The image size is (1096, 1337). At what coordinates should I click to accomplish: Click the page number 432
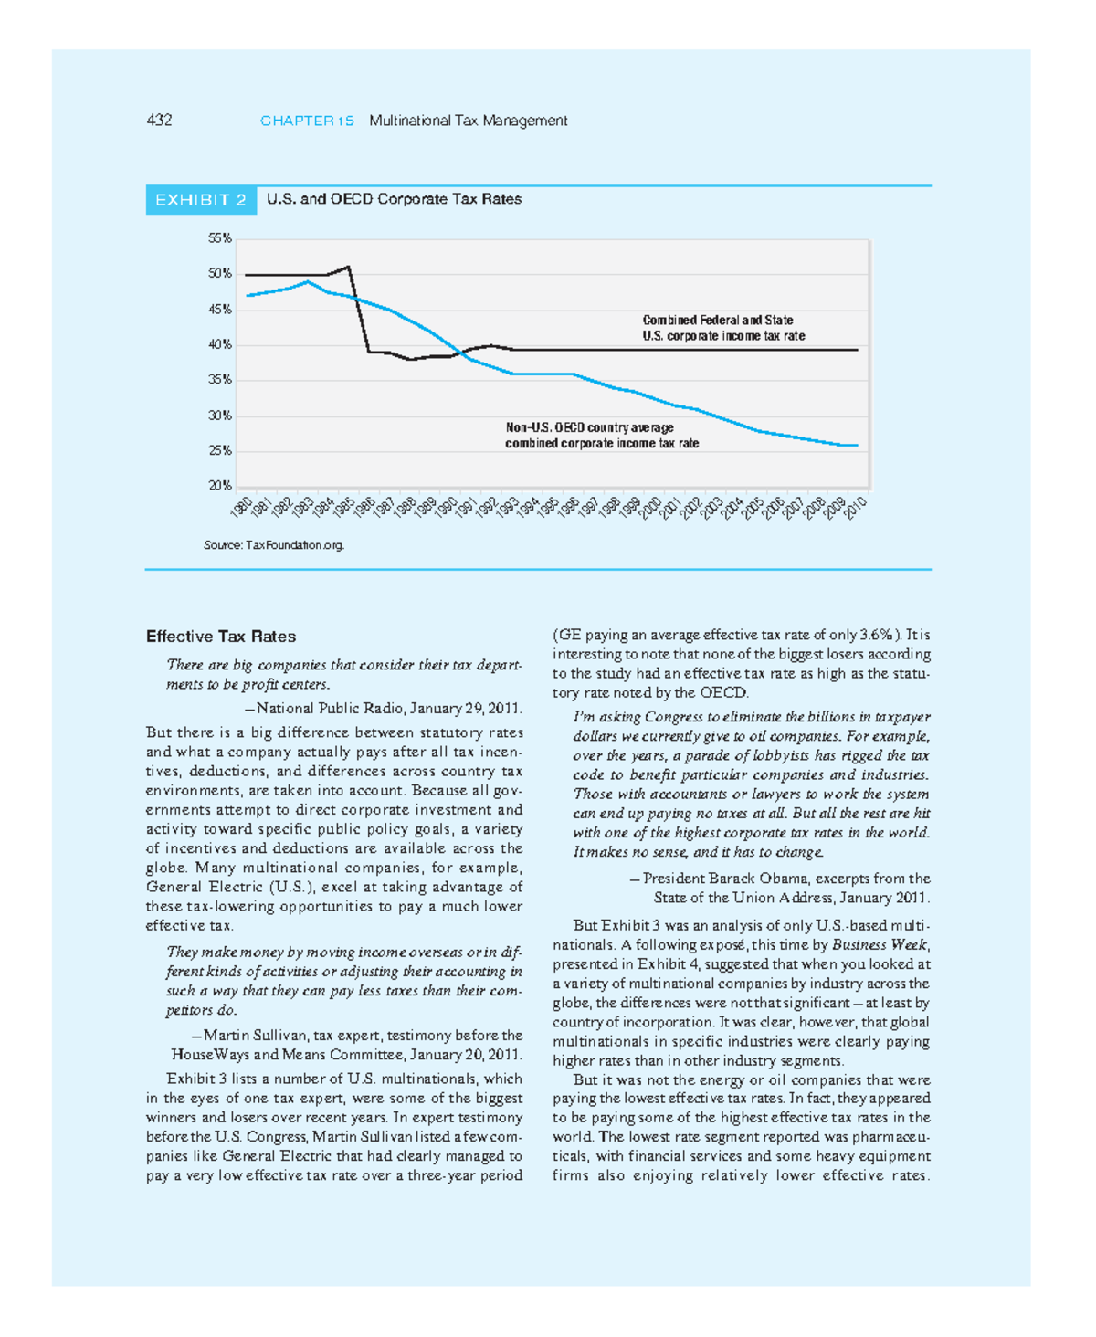(x=159, y=121)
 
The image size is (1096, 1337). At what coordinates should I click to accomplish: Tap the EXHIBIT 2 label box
(x=201, y=200)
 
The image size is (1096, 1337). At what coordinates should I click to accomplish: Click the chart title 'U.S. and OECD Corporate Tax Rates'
(x=394, y=199)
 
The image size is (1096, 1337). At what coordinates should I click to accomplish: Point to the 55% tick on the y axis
(x=219, y=238)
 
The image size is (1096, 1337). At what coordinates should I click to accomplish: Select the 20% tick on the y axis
(x=219, y=486)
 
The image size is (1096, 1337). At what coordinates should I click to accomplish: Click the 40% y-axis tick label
(x=219, y=344)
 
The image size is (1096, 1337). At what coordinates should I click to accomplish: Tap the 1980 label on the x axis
(x=241, y=508)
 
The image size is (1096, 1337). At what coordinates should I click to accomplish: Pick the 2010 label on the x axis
(x=856, y=508)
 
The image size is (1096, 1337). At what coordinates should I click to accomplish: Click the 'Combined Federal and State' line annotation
(x=718, y=321)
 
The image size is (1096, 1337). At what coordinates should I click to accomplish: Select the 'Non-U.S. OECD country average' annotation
(x=590, y=427)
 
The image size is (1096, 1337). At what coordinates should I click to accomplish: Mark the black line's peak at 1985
(x=348, y=267)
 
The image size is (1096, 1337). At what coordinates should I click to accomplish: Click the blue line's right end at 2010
(x=856, y=445)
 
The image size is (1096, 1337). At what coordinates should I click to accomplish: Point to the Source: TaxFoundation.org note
(x=274, y=545)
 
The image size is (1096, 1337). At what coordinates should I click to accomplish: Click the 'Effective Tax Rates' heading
(x=221, y=637)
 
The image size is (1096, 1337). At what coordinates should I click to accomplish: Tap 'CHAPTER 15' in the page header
(x=307, y=121)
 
